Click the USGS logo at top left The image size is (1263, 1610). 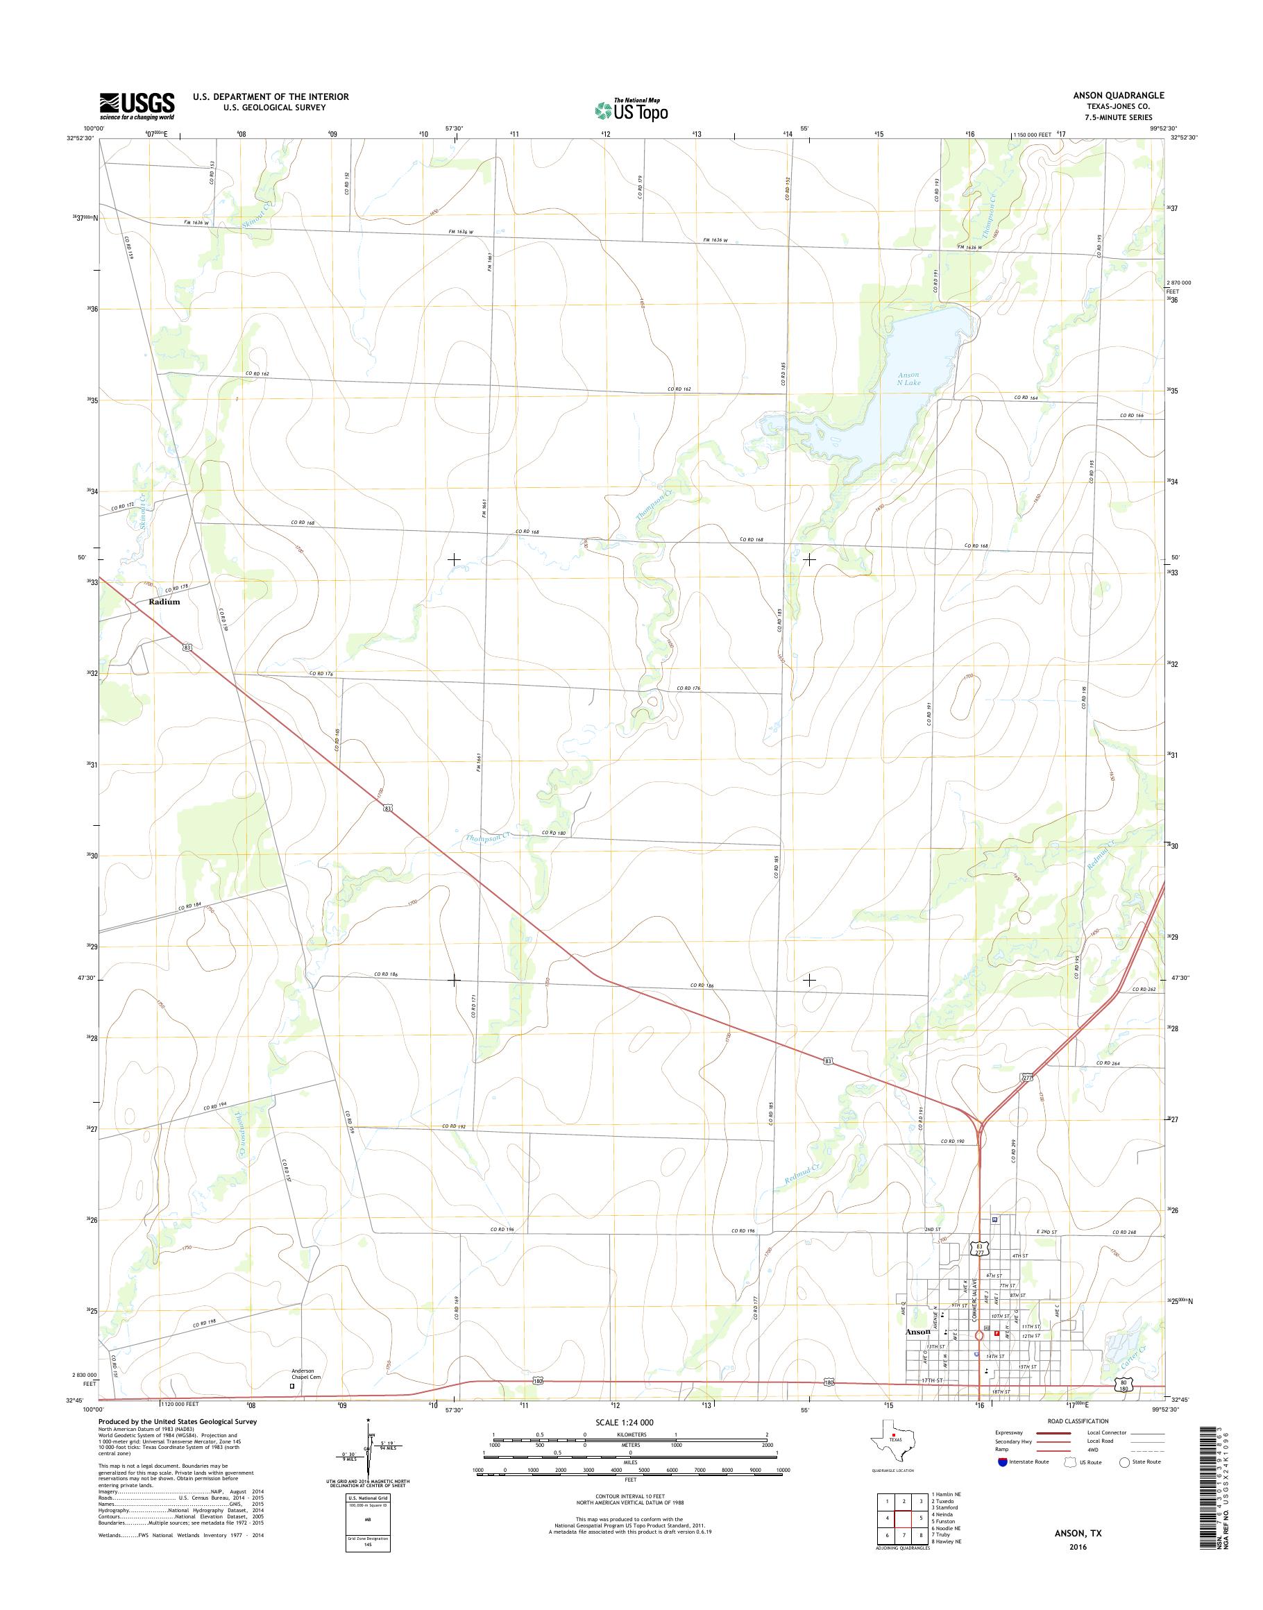(x=137, y=105)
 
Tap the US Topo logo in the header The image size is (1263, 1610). (x=631, y=110)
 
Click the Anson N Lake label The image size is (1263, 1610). (x=908, y=379)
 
